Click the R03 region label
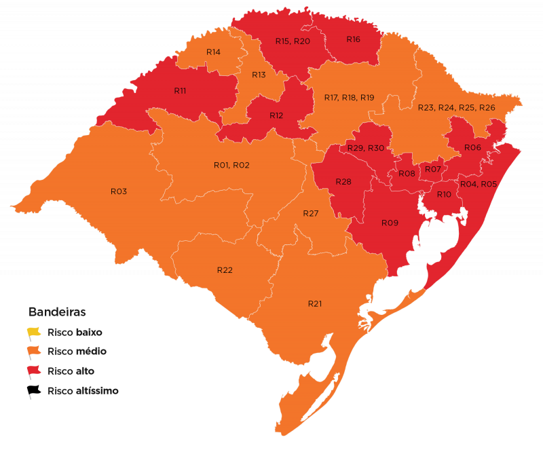(x=119, y=191)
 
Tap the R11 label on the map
(x=180, y=90)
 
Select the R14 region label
(x=213, y=52)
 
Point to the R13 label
(x=259, y=75)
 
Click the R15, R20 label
(x=293, y=41)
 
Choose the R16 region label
(x=353, y=39)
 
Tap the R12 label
(x=276, y=115)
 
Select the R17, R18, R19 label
(x=349, y=98)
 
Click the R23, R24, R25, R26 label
(x=456, y=108)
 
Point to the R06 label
(x=472, y=147)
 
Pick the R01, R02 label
(x=231, y=165)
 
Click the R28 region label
(x=343, y=181)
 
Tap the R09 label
(x=389, y=223)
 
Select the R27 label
(x=310, y=213)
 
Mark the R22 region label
(x=225, y=270)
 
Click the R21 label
(x=314, y=303)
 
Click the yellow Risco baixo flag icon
(x=34, y=333)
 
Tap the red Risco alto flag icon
(x=34, y=371)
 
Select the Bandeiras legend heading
(x=56, y=312)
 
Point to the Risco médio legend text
(x=77, y=352)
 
